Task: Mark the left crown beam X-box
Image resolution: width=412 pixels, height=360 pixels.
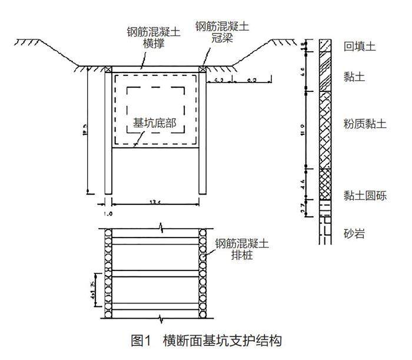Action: (108, 70)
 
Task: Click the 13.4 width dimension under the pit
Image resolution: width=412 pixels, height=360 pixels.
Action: (155, 203)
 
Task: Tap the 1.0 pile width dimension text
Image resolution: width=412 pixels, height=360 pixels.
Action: (108, 213)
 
